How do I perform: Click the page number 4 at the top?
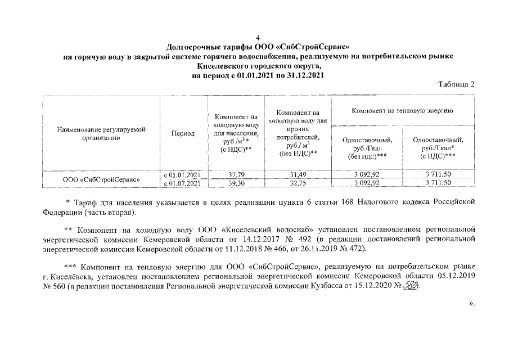258,37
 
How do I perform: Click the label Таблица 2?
457,85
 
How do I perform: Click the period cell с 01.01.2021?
182,174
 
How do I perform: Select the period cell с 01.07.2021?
182,183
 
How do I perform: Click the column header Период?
183,134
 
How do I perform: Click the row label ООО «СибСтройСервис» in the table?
101,179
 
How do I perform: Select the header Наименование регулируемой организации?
101,134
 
